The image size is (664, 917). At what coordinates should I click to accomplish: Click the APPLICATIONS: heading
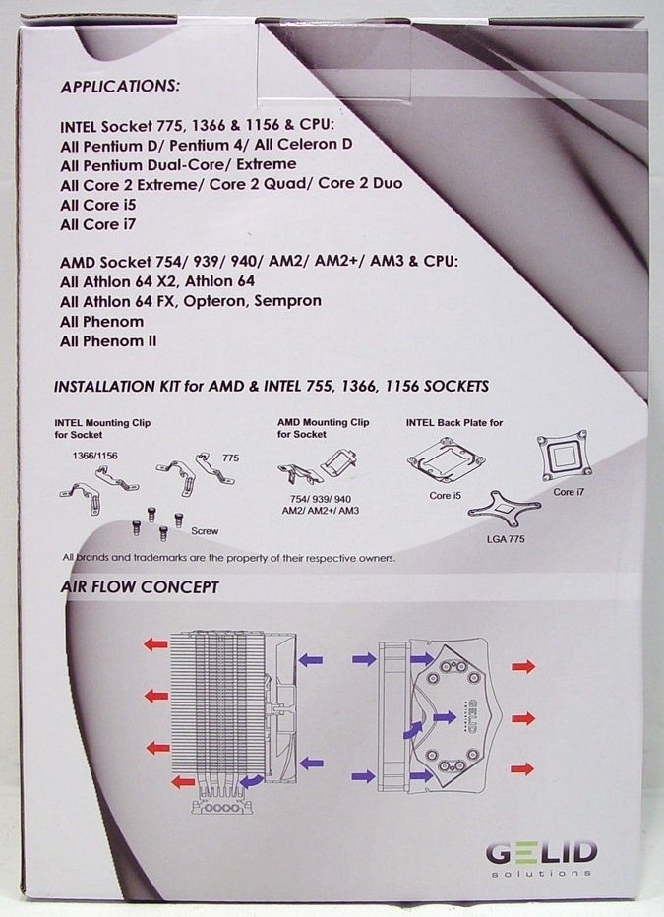pos(120,86)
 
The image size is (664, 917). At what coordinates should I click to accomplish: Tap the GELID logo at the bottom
pos(541,858)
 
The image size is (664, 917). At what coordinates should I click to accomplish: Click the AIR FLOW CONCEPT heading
pos(140,587)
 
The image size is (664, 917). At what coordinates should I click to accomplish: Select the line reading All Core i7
pos(97,224)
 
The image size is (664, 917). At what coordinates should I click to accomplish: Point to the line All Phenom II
pos(108,341)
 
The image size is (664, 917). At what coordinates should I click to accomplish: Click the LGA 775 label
pos(506,538)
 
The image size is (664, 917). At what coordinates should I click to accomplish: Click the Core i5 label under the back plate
pos(445,495)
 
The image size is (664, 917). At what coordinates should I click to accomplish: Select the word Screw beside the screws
pos(205,531)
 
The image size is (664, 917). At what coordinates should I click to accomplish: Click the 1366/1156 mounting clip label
pos(94,456)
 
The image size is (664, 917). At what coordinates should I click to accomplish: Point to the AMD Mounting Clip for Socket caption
pos(324,428)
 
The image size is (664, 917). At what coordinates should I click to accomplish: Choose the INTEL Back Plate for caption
pos(454,422)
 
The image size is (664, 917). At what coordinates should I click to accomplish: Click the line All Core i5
pos(97,205)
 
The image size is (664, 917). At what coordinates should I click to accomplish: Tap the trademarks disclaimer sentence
pos(229,557)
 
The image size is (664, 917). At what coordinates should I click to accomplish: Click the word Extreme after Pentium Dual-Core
pos(266,164)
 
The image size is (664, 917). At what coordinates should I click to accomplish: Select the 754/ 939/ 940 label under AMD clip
pos(321,499)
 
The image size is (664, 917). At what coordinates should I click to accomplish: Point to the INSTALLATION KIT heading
pos(272,386)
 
